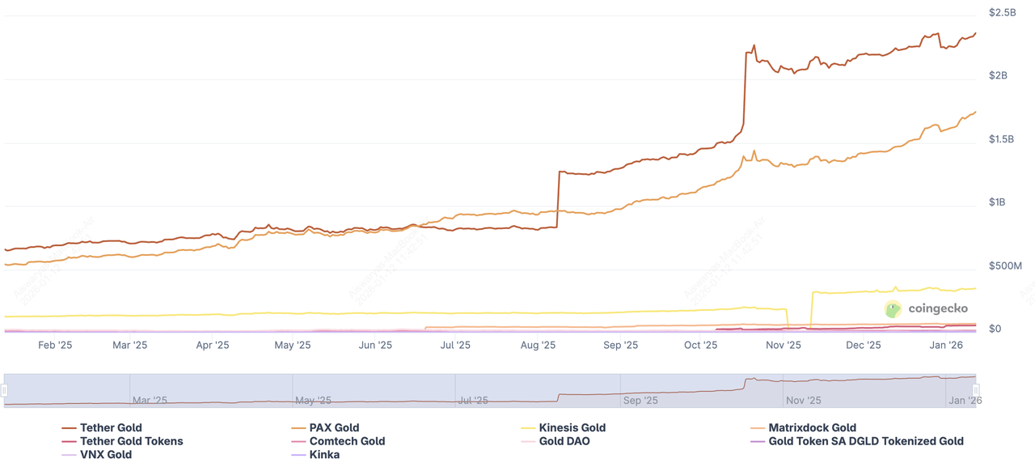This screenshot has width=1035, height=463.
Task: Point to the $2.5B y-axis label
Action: [x=1002, y=13]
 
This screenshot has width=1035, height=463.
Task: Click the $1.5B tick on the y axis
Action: [x=1002, y=139]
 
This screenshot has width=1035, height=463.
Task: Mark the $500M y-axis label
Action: [x=1005, y=265]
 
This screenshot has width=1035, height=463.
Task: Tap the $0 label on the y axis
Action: [x=995, y=329]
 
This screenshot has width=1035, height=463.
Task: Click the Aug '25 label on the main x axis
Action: [x=538, y=345]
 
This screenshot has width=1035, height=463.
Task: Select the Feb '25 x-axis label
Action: [x=55, y=345]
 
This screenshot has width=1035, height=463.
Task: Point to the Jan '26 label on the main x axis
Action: [x=946, y=345]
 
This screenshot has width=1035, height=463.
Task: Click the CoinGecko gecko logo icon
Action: [x=893, y=308]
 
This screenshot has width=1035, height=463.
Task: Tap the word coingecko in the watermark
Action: [x=938, y=308]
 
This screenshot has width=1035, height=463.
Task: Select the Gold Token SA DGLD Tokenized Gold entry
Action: [x=866, y=441]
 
